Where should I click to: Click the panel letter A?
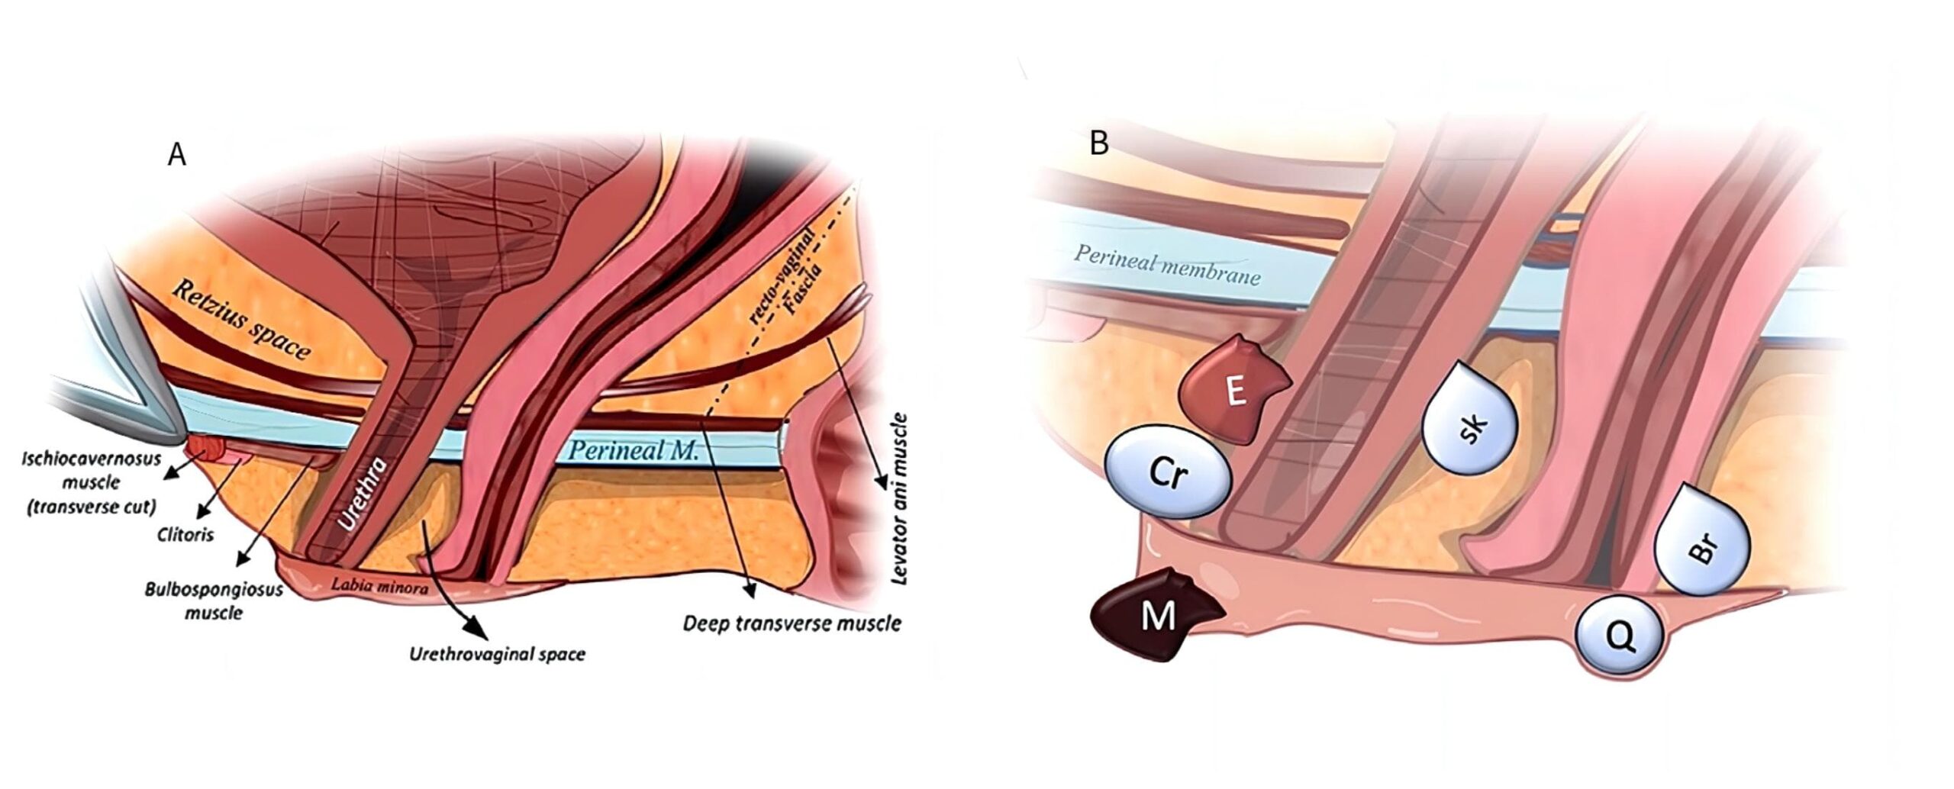176,155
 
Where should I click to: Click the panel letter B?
1098,143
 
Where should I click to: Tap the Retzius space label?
241,320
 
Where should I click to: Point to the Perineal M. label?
634,450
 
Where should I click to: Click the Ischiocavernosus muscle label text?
91,482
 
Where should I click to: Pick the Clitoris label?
185,534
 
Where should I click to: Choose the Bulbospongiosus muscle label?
214,601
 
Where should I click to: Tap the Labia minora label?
379,586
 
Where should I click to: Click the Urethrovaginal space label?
497,654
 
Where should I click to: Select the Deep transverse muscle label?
792,623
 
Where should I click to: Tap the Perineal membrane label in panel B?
1167,265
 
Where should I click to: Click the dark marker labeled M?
1157,615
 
